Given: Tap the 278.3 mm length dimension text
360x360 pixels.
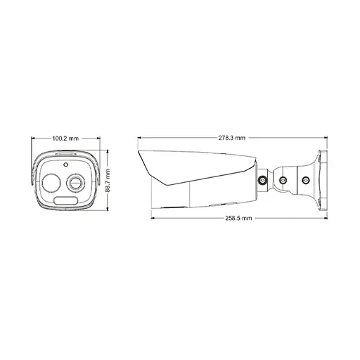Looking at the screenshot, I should point(231,138).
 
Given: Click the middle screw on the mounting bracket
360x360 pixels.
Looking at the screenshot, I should point(284,181).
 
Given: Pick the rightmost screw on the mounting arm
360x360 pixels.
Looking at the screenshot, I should point(306,181).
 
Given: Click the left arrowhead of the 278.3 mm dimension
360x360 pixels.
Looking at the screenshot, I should point(139,138).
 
